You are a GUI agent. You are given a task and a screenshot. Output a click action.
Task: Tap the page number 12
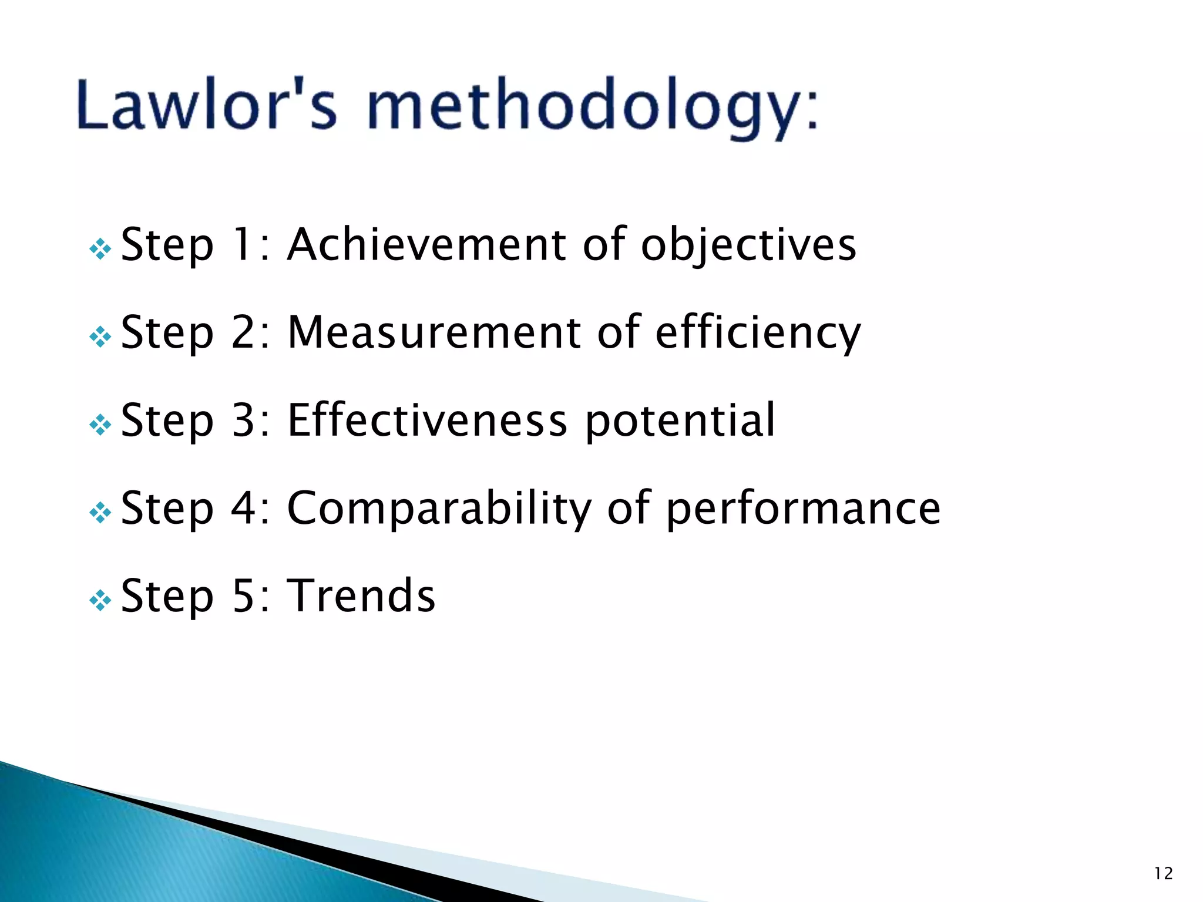1163,874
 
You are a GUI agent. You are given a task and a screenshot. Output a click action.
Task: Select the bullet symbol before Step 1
100,249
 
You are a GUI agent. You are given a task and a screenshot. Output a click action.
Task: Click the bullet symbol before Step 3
100,425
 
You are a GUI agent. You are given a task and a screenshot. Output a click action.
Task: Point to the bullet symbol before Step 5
100,601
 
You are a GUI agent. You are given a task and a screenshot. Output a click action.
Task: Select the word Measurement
434,332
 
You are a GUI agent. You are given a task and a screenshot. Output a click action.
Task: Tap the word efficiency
758,334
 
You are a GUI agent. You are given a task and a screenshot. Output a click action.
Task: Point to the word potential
680,422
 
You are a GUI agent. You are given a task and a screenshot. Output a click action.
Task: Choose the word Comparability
439,509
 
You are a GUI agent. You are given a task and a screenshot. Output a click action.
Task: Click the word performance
803,509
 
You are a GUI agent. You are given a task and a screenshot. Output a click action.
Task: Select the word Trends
361,595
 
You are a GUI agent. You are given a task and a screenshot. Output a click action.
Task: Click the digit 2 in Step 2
243,332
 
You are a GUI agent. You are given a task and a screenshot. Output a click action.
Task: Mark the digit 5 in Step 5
243,595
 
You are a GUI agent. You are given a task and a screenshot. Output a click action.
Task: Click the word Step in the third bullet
167,422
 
